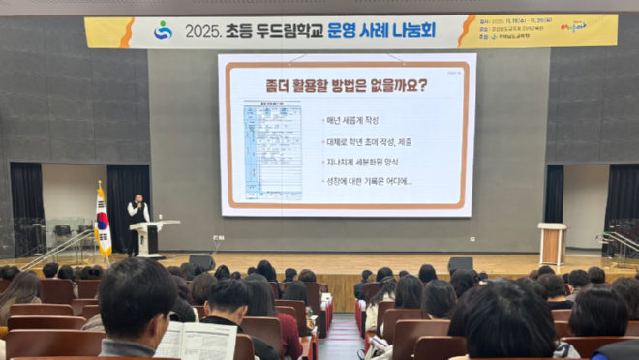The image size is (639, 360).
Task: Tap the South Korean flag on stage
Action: point(103,222)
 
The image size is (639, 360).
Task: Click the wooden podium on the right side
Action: point(552,243)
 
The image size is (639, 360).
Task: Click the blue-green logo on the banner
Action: point(163,30)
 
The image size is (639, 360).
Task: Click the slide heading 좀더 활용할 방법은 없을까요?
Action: point(346,85)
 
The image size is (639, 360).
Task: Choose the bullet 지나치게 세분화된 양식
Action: point(369,161)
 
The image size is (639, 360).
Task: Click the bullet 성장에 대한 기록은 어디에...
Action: point(369,181)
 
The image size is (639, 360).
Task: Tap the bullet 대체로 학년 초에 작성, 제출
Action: point(376,140)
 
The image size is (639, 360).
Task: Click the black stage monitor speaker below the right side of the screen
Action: point(460,264)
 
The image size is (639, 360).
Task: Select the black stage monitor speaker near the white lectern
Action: point(201,261)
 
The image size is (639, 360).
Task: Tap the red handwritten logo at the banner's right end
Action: point(572,27)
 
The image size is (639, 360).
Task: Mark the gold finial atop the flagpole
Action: point(99,183)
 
